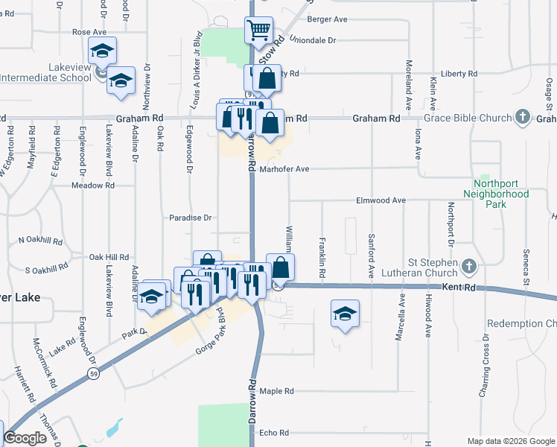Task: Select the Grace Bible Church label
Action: (x=467, y=118)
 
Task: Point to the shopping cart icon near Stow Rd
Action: (x=258, y=31)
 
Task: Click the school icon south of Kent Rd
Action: (x=345, y=314)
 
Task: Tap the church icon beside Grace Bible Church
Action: (x=523, y=117)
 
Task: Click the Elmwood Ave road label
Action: (x=381, y=200)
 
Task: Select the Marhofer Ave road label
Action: (x=284, y=169)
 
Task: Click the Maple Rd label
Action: (x=277, y=390)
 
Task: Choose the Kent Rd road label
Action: (x=459, y=287)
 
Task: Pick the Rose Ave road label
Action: (x=89, y=32)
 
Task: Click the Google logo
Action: (x=25, y=438)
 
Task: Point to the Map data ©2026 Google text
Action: (x=510, y=441)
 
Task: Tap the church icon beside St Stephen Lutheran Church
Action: (x=469, y=265)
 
